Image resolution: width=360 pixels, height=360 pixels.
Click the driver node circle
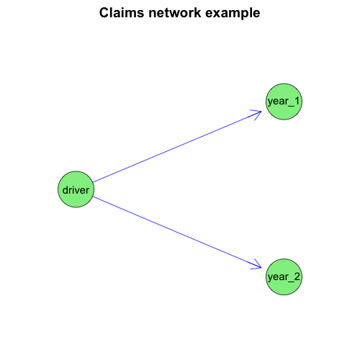(x=76, y=189)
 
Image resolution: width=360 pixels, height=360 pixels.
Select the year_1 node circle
(x=284, y=102)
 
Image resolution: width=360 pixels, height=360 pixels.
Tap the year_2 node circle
(x=284, y=276)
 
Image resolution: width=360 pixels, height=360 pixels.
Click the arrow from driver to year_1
(x=177, y=147)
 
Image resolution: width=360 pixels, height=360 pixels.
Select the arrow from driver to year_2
(x=177, y=233)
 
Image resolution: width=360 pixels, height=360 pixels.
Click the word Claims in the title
(x=122, y=13)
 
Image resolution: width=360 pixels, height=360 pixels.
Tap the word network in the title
(x=175, y=13)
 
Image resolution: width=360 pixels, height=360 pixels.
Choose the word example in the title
(x=233, y=14)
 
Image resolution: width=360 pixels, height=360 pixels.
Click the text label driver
(x=76, y=190)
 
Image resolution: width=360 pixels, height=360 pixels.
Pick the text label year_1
(x=284, y=102)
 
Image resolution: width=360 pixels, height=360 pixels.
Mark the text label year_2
(x=284, y=277)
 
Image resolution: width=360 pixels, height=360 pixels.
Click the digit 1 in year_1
(x=297, y=101)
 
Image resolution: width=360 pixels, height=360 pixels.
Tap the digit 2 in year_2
(x=297, y=276)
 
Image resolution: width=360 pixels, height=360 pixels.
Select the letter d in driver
(x=65, y=190)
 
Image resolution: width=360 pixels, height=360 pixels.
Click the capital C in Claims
(x=104, y=13)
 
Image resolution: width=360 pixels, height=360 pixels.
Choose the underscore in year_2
(x=291, y=282)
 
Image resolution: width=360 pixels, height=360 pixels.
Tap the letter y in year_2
(x=271, y=279)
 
